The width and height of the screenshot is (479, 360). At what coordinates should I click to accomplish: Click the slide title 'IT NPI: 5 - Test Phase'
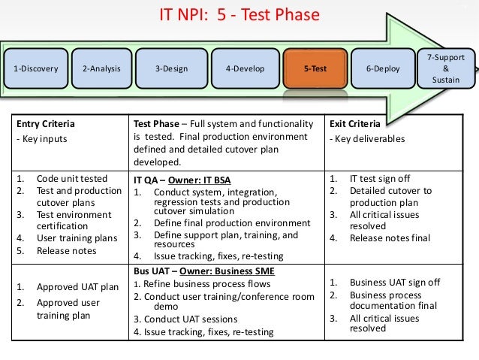pyautogui.click(x=239, y=15)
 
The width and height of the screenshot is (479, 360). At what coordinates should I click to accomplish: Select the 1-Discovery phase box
pyautogui.click(x=35, y=68)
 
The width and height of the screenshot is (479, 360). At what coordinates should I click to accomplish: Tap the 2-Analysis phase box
pyautogui.click(x=101, y=68)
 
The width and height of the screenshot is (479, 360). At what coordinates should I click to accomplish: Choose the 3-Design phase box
pyautogui.click(x=173, y=68)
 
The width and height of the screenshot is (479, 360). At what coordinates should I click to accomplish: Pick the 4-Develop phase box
pyautogui.click(x=245, y=68)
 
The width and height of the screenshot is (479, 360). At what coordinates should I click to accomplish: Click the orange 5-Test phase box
pyautogui.click(x=315, y=68)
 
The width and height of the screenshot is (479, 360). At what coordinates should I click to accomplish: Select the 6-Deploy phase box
pyautogui.click(x=383, y=68)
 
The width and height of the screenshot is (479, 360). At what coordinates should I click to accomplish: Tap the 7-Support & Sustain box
pyautogui.click(x=445, y=68)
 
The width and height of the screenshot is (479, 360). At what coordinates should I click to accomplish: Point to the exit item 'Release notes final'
pyautogui.click(x=390, y=238)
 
